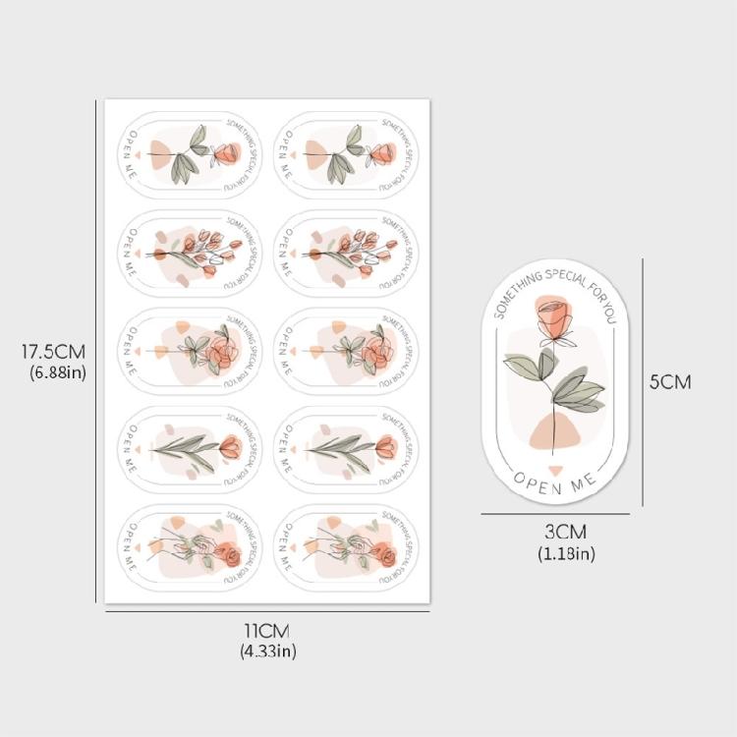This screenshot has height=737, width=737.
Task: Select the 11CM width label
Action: (266, 631)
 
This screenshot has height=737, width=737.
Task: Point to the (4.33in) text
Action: (267, 651)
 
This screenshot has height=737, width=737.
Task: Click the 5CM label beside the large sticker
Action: (670, 381)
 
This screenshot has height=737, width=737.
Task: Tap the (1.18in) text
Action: (566, 553)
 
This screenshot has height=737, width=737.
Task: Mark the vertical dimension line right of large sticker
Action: (643, 381)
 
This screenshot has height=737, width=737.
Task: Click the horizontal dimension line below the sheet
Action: (266, 612)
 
